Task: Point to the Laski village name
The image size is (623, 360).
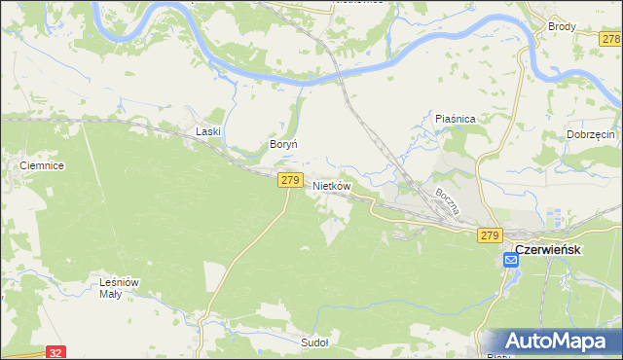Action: click(x=208, y=130)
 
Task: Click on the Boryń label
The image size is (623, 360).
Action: click(x=282, y=144)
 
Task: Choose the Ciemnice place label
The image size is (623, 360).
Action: click(x=42, y=166)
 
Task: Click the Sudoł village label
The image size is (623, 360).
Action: click(x=314, y=342)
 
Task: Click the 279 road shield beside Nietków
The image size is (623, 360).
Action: click(x=289, y=180)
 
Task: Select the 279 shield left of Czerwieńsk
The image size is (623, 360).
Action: click(x=489, y=235)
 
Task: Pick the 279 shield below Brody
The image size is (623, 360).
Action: click(x=610, y=38)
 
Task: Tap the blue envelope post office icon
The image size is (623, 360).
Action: click(x=511, y=261)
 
